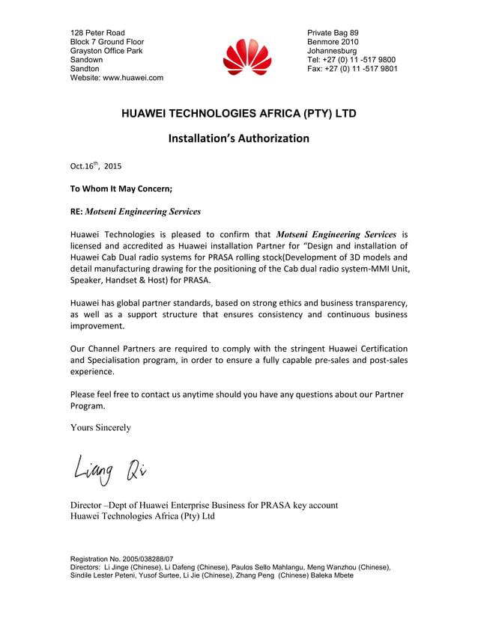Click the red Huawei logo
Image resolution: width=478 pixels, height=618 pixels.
point(246,56)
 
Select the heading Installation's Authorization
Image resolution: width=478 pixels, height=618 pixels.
point(238,138)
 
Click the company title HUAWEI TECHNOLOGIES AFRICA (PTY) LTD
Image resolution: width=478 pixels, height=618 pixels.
point(239,114)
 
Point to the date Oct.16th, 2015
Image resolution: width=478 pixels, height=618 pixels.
point(95,166)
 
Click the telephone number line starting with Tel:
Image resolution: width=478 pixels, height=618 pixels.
point(351,60)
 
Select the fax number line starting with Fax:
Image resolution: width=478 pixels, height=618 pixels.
point(352,69)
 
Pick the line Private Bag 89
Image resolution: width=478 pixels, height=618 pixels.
point(333,33)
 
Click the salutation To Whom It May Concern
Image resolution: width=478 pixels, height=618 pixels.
point(121,189)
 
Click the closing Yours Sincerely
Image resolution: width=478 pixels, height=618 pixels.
point(100,427)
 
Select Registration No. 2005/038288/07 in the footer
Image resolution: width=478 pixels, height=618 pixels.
point(121,559)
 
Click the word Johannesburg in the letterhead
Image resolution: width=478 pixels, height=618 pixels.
point(332,51)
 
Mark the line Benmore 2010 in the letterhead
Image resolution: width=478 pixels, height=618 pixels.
point(333,42)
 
